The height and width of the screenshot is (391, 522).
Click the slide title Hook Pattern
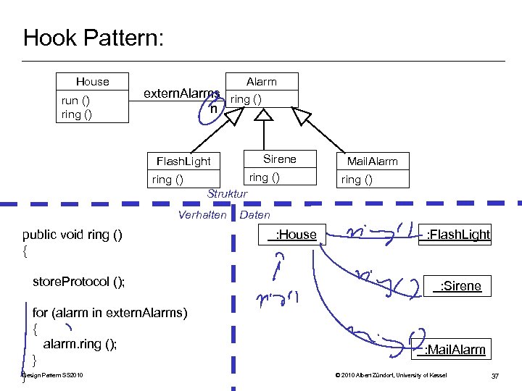[x=94, y=38]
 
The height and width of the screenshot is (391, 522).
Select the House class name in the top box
[x=93, y=82]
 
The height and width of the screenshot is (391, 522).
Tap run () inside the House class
[x=75, y=100]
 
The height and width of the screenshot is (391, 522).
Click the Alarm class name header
[x=262, y=82]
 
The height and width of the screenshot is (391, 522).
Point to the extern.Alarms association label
[x=181, y=93]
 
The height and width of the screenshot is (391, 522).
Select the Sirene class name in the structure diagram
[x=279, y=159]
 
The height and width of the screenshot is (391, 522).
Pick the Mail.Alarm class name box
[x=372, y=161]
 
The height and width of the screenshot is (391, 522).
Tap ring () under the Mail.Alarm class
[x=356, y=180]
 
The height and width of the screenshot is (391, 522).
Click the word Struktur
[x=227, y=194]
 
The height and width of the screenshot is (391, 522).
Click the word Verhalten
[x=202, y=214]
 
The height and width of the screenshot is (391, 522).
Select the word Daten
[x=254, y=214]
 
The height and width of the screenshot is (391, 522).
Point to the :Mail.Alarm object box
[x=452, y=350]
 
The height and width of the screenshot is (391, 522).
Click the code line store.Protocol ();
[x=78, y=282]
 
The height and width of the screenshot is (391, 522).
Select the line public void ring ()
[x=72, y=235]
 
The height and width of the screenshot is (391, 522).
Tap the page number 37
[x=495, y=375]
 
